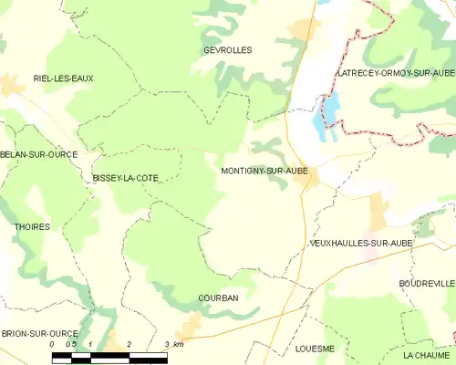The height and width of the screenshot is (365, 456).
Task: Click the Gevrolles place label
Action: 228,50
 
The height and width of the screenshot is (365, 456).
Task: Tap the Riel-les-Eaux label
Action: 63,78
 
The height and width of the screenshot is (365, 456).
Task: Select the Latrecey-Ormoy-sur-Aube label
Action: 396,72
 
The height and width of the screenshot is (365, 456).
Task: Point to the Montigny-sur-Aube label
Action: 264,171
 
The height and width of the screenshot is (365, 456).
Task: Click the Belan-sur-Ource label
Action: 37,154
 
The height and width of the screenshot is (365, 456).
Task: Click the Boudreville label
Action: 426,284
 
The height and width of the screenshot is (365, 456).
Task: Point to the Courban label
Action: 218,298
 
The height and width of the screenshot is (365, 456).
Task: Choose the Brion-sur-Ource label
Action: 37,335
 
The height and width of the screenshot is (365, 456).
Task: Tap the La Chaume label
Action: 427,354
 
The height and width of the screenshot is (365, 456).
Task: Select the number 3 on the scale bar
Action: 167,344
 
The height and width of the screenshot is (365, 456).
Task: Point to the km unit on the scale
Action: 179,344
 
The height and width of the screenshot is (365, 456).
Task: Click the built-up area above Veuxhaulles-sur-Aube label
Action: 378,215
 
